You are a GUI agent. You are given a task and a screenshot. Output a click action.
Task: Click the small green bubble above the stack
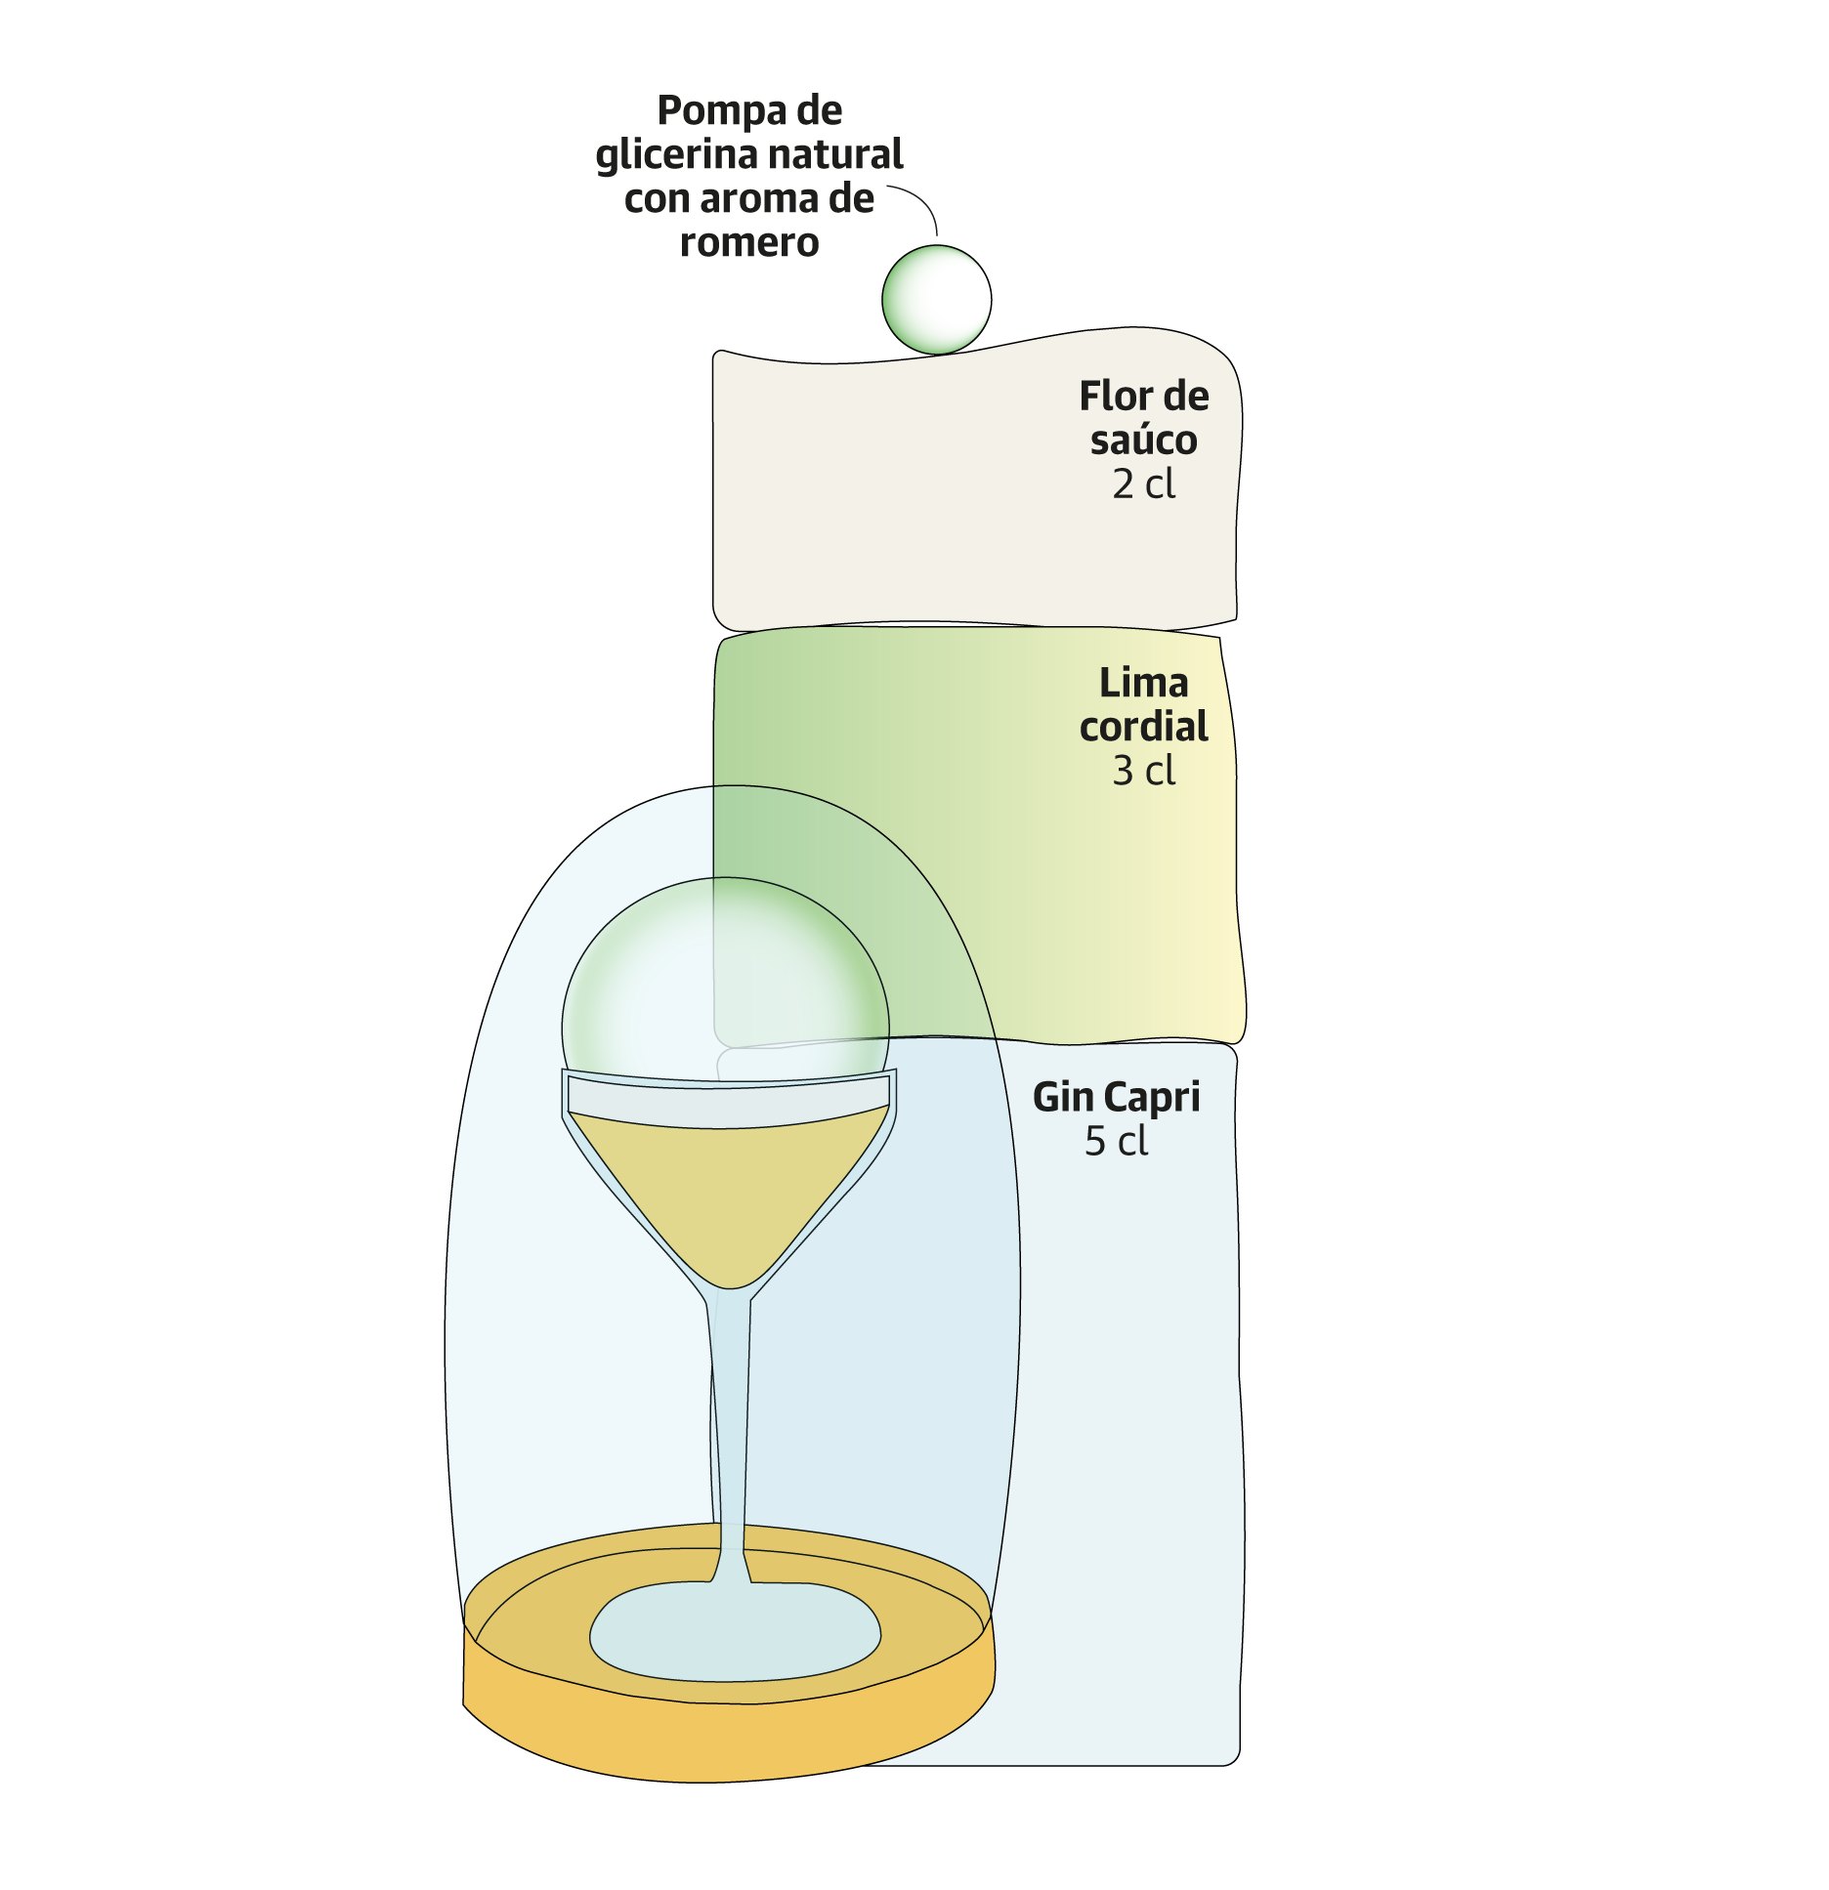(936, 299)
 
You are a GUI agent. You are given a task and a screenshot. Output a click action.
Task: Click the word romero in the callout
(749, 242)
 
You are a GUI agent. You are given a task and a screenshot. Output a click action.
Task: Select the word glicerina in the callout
(676, 155)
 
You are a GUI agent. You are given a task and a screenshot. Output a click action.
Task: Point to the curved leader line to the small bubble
(921, 202)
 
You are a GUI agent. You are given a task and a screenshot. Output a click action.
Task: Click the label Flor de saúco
(1143, 417)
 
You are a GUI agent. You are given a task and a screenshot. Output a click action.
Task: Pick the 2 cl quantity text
(1143, 484)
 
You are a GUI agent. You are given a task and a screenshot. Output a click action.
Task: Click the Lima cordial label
(1143, 704)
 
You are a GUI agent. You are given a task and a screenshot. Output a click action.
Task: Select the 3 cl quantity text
(1143, 772)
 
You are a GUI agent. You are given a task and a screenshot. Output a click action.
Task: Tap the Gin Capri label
(1116, 1097)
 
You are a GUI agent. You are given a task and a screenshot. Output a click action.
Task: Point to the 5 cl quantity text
(1116, 1142)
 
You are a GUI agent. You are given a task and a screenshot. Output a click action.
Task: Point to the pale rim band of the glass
(728, 1100)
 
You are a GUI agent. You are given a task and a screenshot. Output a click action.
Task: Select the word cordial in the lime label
(1143, 727)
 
